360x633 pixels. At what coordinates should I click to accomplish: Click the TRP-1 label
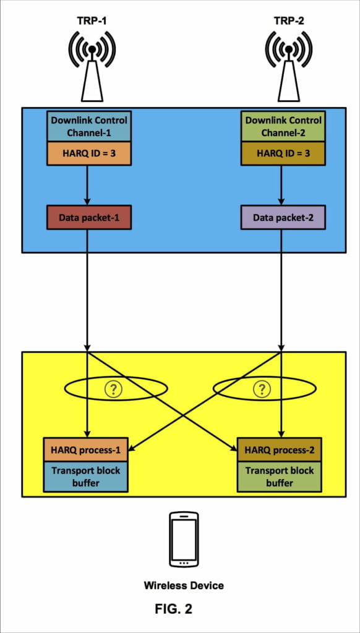[92, 20]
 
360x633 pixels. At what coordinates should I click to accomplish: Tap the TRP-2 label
[288, 20]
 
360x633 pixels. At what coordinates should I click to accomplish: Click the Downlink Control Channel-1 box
[90, 126]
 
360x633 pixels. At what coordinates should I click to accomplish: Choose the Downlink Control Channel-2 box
[283, 126]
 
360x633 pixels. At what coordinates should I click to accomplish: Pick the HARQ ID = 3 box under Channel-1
[90, 154]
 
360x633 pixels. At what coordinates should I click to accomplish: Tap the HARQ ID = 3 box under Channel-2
[283, 154]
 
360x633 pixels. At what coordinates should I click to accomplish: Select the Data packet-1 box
[90, 218]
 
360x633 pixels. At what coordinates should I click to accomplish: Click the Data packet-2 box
[283, 218]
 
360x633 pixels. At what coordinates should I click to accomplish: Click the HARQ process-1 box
[86, 449]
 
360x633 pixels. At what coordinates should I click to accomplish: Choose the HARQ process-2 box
[280, 449]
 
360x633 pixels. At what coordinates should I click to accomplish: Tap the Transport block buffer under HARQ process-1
[86, 476]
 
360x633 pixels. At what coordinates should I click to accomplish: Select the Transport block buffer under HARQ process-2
[280, 476]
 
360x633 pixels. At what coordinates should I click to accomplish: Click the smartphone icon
[184, 539]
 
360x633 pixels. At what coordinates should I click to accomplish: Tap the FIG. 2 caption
[173, 609]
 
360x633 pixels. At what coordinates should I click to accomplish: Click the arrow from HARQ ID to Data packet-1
[87, 185]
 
